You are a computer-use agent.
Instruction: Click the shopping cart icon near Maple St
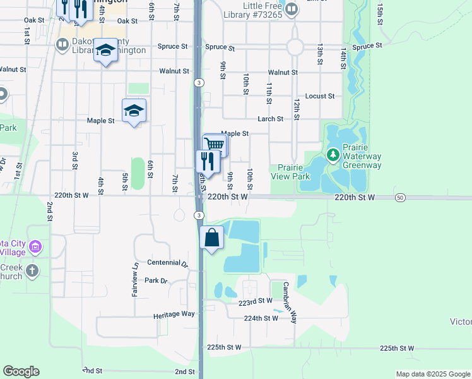(x=215, y=145)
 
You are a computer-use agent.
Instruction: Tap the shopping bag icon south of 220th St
(x=212, y=239)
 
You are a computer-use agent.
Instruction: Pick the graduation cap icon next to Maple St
(x=134, y=111)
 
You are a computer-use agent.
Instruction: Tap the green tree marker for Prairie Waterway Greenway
(x=333, y=155)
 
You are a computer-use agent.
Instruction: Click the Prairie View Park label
(x=292, y=172)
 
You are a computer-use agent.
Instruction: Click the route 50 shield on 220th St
(x=401, y=198)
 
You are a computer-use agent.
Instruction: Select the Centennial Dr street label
(x=167, y=262)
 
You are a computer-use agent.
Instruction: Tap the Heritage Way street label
(x=174, y=314)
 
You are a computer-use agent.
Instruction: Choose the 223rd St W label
(x=254, y=303)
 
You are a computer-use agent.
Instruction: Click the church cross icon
(x=32, y=271)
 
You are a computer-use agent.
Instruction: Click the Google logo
(x=21, y=371)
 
